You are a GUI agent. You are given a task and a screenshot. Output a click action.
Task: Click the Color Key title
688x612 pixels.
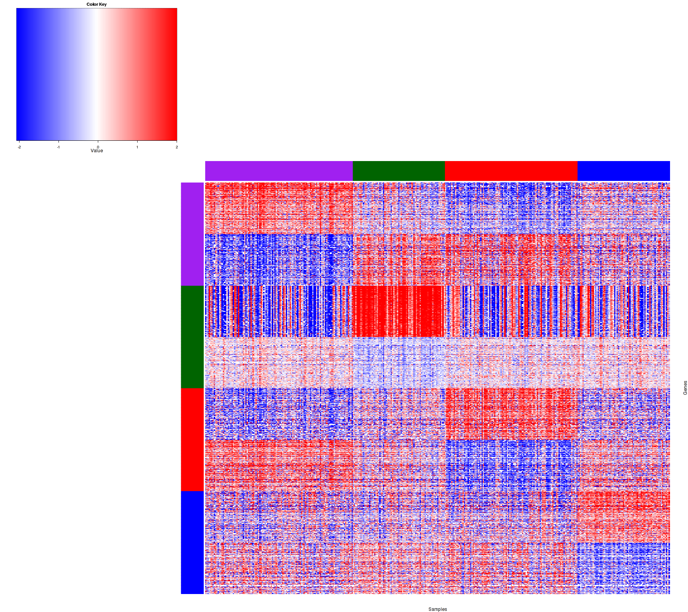point(97,5)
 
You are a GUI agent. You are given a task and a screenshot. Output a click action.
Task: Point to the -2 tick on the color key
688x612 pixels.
point(19,147)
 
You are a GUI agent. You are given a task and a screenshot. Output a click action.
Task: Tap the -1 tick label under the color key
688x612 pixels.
point(58,147)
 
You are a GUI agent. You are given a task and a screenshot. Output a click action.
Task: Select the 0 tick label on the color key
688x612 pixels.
point(98,147)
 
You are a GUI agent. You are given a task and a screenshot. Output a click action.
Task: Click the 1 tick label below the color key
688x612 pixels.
point(137,147)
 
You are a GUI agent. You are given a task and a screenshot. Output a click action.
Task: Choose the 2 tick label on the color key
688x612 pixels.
point(177,147)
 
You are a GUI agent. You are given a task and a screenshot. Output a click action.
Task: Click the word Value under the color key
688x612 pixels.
point(97,151)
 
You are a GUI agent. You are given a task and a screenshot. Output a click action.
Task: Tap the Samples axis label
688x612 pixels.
point(438,609)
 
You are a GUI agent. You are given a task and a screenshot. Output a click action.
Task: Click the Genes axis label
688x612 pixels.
point(685,388)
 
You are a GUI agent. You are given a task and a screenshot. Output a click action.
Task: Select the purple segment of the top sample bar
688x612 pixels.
point(279,171)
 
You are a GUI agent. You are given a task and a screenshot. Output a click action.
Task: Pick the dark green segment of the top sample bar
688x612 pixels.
point(399,171)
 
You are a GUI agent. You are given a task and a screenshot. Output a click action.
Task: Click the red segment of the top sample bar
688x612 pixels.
point(511,171)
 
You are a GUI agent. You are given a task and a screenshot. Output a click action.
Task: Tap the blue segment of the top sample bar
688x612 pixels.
point(623,171)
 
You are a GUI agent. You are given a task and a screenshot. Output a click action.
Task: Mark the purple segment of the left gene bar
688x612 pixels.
point(192,234)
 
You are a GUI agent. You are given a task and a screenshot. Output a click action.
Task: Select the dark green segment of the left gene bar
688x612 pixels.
point(192,337)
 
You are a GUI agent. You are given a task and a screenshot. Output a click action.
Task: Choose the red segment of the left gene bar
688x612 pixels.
point(192,439)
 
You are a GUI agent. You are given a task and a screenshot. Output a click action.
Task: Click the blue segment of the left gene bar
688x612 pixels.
point(192,542)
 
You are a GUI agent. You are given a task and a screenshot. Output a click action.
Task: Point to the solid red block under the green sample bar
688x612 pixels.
point(398,311)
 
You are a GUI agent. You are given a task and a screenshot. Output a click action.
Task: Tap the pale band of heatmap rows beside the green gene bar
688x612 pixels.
point(438,363)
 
